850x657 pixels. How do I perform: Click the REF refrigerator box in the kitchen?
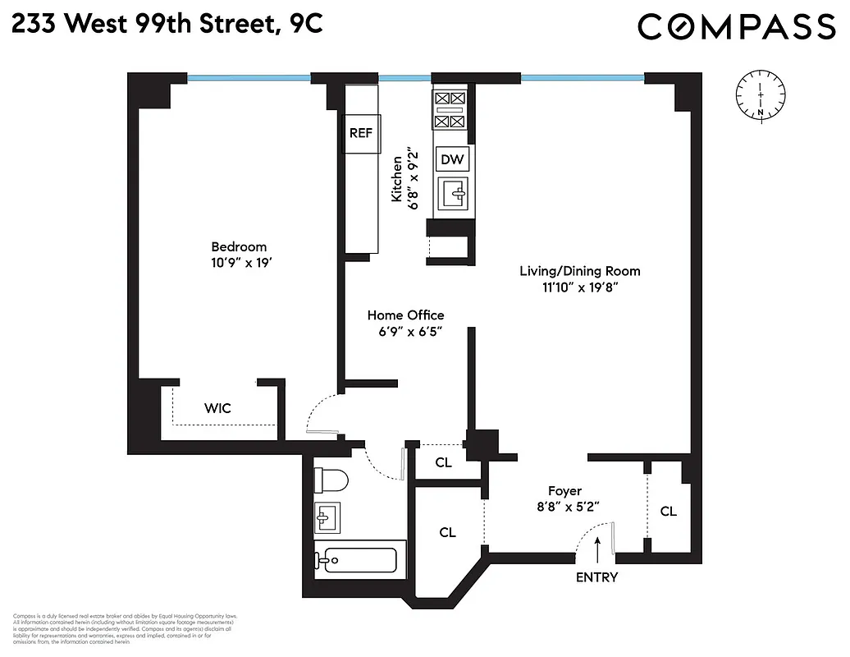click(x=361, y=133)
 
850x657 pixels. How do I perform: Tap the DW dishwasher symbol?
click(x=452, y=159)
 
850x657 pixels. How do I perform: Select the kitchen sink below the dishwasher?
click(x=452, y=195)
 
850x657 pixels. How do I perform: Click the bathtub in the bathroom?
click(x=356, y=561)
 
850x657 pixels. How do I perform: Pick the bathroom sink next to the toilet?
click(x=327, y=518)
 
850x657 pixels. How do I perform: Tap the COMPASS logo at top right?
click(x=736, y=26)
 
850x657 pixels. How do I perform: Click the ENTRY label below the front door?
click(x=596, y=577)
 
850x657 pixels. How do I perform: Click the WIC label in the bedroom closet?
click(x=217, y=407)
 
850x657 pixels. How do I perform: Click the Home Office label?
click(x=405, y=315)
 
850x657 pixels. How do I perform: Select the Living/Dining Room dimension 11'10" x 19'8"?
click(x=579, y=287)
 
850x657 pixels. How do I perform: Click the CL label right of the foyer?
click(x=669, y=511)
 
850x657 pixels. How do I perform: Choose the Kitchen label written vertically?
click(x=397, y=179)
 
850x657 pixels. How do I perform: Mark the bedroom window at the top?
click(x=249, y=79)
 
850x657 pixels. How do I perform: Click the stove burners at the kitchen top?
click(x=449, y=110)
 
